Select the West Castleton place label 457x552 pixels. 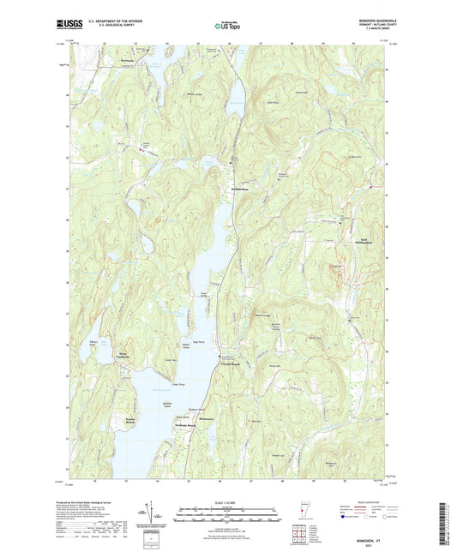[106, 354]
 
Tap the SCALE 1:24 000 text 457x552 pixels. [228, 502]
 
